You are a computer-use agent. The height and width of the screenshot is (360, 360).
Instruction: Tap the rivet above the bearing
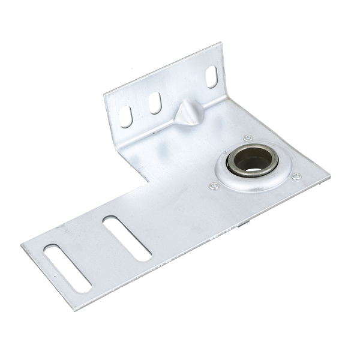[247, 137]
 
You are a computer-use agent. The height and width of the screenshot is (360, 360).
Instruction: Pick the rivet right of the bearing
[296, 176]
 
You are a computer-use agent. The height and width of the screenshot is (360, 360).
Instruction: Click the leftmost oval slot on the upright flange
[125, 116]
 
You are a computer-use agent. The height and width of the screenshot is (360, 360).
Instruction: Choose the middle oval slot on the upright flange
[155, 103]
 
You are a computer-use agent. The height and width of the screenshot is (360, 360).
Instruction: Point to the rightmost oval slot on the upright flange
[212, 77]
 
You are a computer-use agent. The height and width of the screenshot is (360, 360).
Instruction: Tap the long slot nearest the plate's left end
[68, 267]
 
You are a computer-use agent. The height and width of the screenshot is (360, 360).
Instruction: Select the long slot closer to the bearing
[126, 238]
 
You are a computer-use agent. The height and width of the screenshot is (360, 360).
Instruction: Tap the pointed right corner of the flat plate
[329, 176]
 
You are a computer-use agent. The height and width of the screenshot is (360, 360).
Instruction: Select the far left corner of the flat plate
[21, 246]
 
